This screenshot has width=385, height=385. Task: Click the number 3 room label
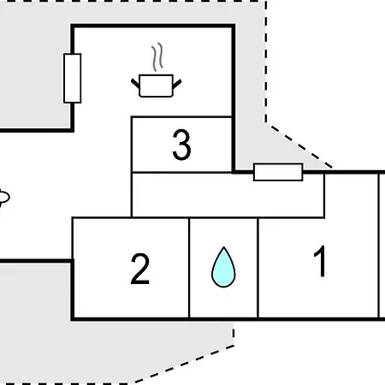(x=181, y=145)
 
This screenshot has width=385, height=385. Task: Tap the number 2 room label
(x=140, y=269)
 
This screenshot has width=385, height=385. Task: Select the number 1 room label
(x=320, y=261)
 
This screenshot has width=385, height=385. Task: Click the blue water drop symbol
(x=223, y=267)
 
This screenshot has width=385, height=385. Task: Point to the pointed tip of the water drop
(x=224, y=247)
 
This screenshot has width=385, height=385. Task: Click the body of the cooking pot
(x=156, y=86)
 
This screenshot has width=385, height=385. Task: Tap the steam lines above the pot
(x=157, y=57)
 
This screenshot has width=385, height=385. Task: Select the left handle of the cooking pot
(x=135, y=83)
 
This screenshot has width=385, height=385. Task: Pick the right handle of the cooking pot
(x=177, y=84)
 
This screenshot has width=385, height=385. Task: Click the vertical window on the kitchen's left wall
(x=73, y=78)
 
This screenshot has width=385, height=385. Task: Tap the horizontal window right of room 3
(x=278, y=172)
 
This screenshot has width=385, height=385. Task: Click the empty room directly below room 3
(x=228, y=195)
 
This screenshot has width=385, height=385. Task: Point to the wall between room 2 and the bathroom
(x=189, y=268)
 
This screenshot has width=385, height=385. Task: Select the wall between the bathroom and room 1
(x=258, y=268)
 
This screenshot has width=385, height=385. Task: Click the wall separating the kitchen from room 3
(x=181, y=116)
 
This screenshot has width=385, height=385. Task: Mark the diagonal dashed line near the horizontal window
(x=301, y=146)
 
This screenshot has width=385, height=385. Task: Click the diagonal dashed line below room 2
(x=185, y=364)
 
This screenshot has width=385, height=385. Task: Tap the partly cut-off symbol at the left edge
(x=4, y=198)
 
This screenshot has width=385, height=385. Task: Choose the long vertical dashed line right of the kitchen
(x=266, y=62)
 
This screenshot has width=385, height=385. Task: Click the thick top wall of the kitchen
(x=153, y=26)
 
